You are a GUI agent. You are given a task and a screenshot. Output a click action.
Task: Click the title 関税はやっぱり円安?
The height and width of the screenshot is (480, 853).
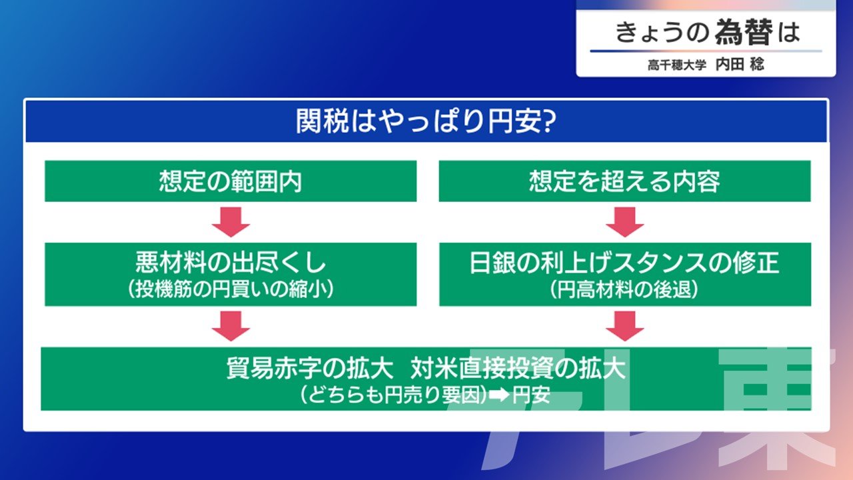[426, 121]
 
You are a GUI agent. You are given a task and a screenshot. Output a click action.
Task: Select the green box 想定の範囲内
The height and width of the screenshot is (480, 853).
[231, 181]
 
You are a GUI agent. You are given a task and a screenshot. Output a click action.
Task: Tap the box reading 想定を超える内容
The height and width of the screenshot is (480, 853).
[625, 181]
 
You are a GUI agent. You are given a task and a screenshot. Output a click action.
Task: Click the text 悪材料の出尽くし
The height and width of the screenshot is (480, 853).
[231, 263]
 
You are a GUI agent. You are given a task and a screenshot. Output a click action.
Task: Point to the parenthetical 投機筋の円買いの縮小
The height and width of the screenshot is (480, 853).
[231, 289]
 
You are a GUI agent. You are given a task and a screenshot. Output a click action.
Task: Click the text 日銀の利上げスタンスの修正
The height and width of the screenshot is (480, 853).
[624, 263]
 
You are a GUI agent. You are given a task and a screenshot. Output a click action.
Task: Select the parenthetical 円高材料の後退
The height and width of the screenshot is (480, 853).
[624, 289]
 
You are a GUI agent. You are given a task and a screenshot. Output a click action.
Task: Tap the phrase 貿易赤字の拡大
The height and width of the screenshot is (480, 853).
[310, 369]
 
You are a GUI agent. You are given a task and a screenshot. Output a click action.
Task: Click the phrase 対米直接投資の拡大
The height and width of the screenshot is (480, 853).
[518, 369]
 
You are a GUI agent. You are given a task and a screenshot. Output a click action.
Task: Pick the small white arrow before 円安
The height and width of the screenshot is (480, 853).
[499, 395]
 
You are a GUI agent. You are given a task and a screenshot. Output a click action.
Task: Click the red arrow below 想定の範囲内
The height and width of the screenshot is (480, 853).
[231, 222]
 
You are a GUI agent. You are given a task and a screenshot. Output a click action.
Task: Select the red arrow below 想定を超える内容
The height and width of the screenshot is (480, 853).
[625, 222]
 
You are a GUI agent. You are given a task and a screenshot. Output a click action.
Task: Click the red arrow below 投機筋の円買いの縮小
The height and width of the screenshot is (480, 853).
[231, 326]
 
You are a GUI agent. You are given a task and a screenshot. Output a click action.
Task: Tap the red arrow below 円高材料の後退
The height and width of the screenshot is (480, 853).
[625, 326]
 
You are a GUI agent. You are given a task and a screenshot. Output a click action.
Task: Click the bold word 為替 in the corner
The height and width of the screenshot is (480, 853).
[744, 32]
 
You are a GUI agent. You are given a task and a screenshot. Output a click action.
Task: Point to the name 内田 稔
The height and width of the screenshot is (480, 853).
[740, 65]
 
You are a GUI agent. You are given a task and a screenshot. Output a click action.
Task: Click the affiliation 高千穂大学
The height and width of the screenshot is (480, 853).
[677, 65]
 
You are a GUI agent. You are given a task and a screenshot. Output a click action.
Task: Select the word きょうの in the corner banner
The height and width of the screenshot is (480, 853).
[662, 33]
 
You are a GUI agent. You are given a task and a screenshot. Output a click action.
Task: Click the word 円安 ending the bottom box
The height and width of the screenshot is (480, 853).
[532, 395]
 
